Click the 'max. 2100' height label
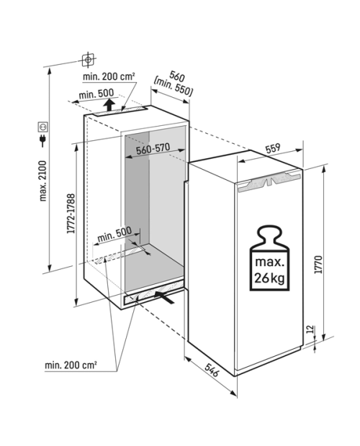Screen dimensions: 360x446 (42, 181)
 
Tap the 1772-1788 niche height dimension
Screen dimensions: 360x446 (71, 214)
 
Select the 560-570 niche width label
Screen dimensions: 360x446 (153, 148)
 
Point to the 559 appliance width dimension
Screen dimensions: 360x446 (273, 148)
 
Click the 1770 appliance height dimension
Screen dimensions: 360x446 (319, 265)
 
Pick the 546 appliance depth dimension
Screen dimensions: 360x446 (212, 370)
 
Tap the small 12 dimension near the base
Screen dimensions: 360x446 (310, 329)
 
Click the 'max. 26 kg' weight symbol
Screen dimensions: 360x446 (269, 258)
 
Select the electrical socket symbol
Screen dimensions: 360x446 (43, 127)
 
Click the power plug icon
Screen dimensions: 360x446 (43, 141)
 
